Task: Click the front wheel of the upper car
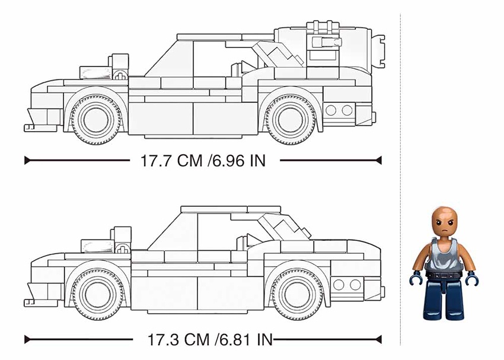click(x=96, y=120)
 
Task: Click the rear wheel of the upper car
click(x=291, y=120)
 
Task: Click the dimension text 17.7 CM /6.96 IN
click(x=203, y=160)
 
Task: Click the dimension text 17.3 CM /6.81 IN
click(x=209, y=339)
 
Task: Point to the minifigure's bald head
click(x=444, y=222)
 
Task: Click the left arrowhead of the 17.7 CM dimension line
click(x=27, y=160)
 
